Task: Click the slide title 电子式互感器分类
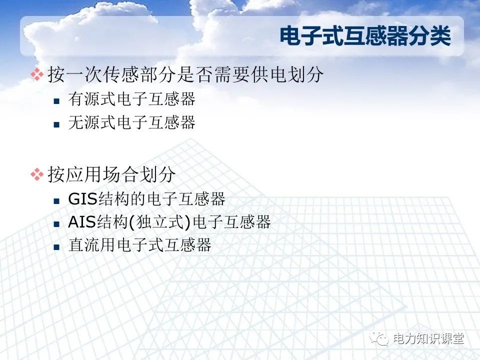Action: pyautogui.click(x=365, y=36)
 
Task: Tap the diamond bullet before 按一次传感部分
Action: pyautogui.click(x=37, y=75)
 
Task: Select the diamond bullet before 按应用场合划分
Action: pyautogui.click(x=37, y=174)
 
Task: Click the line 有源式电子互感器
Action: pyautogui.click(x=131, y=99)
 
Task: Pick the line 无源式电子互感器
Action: pyautogui.click(x=131, y=122)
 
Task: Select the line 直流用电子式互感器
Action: pyautogui.click(x=139, y=245)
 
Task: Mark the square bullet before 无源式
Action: pyautogui.click(x=57, y=123)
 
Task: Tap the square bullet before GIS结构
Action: pyautogui.click(x=57, y=200)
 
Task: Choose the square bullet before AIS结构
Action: pyautogui.click(x=57, y=223)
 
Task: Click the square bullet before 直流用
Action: pyautogui.click(x=57, y=246)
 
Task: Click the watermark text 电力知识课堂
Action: pyautogui.click(x=428, y=338)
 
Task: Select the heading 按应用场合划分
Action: pyautogui.click(x=111, y=174)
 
